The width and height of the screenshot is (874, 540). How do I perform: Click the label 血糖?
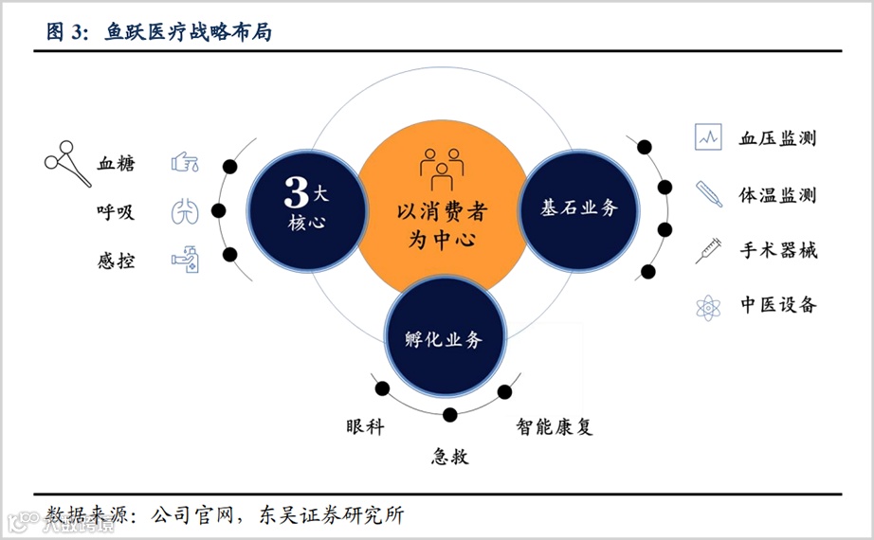point(116,163)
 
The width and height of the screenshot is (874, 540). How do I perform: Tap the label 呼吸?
point(116,212)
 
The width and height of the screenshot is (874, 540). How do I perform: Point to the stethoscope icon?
point(67,163)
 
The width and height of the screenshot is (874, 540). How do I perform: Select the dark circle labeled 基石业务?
point(578,207)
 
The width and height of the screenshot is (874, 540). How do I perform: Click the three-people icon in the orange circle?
point(442,168)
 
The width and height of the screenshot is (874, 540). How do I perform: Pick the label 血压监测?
point(777,138)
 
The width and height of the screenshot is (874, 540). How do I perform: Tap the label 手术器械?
point(777,251)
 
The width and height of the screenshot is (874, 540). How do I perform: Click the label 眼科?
point(366,426)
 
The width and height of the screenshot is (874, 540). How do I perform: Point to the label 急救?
point(450,457)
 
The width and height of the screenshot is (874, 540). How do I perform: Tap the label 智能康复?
point(555,426)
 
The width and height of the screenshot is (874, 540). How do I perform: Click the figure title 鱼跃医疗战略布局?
point(188,31)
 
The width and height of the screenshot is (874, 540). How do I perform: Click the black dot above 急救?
point(450,414)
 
